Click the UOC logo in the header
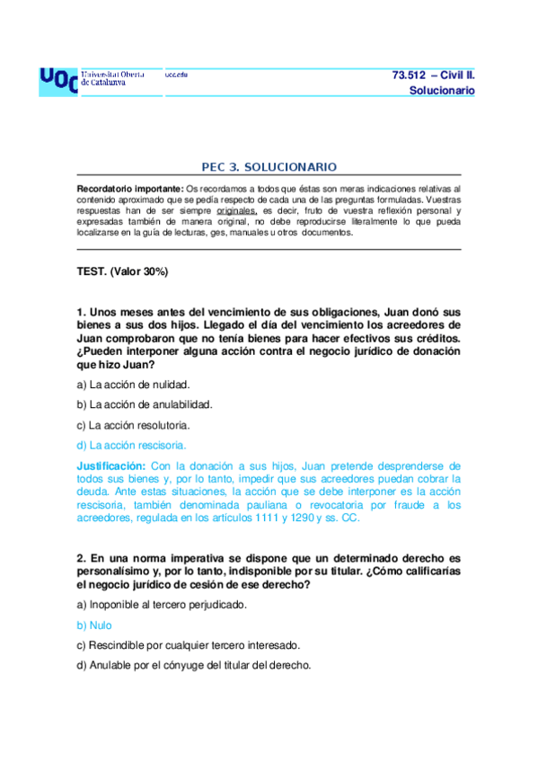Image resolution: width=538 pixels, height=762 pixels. click(58, 81)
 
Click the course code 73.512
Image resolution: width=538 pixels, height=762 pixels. click(410, 75)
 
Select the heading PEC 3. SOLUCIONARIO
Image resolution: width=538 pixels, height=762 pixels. click(269, 167)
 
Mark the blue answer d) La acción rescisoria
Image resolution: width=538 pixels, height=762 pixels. click(132, 445)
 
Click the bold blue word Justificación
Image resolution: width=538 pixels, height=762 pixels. click(111, 466)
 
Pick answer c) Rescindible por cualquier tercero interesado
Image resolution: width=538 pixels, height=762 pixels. click(188, 645)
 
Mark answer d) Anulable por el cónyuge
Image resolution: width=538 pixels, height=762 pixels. click(194, 665)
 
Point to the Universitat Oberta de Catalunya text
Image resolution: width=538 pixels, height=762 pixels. click(118, 77)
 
